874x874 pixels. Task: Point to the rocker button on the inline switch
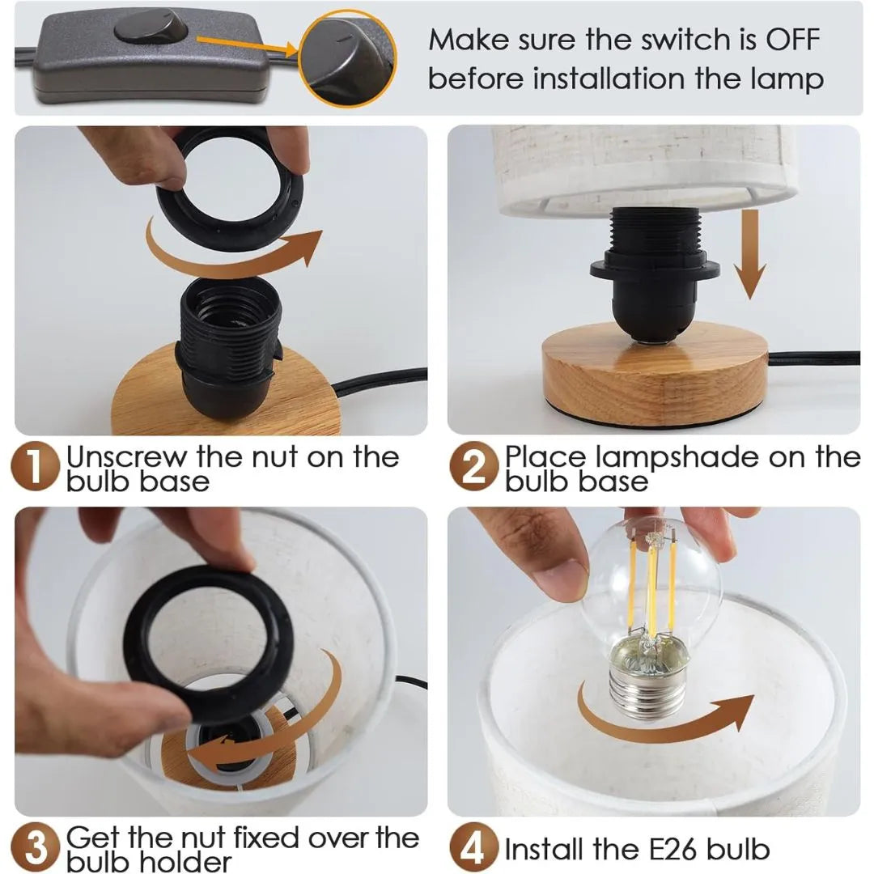pyautogui.click(x=151, y=28)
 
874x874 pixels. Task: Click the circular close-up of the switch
pyautogui.click(x=347, y=57)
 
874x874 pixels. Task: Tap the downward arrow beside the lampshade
pyautogui.click(x=751, y=254)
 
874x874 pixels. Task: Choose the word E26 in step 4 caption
pyautogui.click(x=664, y=850)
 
